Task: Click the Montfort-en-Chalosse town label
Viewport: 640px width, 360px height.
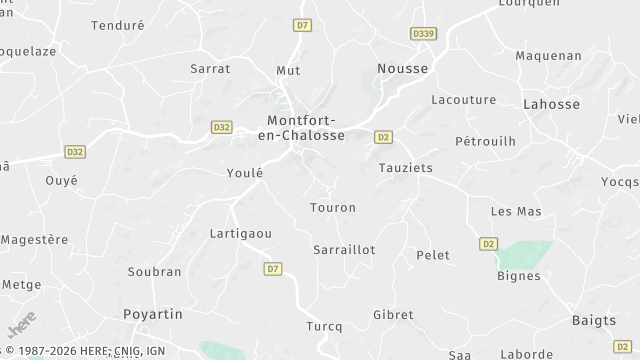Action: point(301,127)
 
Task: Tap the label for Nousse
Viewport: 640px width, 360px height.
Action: point(402,68)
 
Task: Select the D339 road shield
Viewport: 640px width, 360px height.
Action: point(423,34)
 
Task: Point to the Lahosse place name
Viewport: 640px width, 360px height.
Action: point(552,103)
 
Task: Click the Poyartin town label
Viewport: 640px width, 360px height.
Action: point(153,314)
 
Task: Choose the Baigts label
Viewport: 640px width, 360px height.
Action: point(594,320)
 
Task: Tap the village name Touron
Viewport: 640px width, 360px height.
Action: point(333,208)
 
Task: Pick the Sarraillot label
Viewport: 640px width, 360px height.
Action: point(344,250)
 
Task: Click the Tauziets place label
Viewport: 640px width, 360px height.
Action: point(406,168)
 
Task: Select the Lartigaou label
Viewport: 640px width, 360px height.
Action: point(241,233)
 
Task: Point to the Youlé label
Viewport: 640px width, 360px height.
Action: point(245,173)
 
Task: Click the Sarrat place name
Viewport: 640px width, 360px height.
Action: point(210,69)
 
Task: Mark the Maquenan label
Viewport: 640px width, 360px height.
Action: point(548,56)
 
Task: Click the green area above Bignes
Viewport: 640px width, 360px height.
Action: point(524,254)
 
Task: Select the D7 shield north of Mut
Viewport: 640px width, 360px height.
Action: point(304,24)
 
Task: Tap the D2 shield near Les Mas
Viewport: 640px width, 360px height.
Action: point(488,243)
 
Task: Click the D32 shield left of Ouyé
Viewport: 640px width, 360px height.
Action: point(74,152)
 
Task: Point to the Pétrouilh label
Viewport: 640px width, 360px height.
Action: point(485,142)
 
